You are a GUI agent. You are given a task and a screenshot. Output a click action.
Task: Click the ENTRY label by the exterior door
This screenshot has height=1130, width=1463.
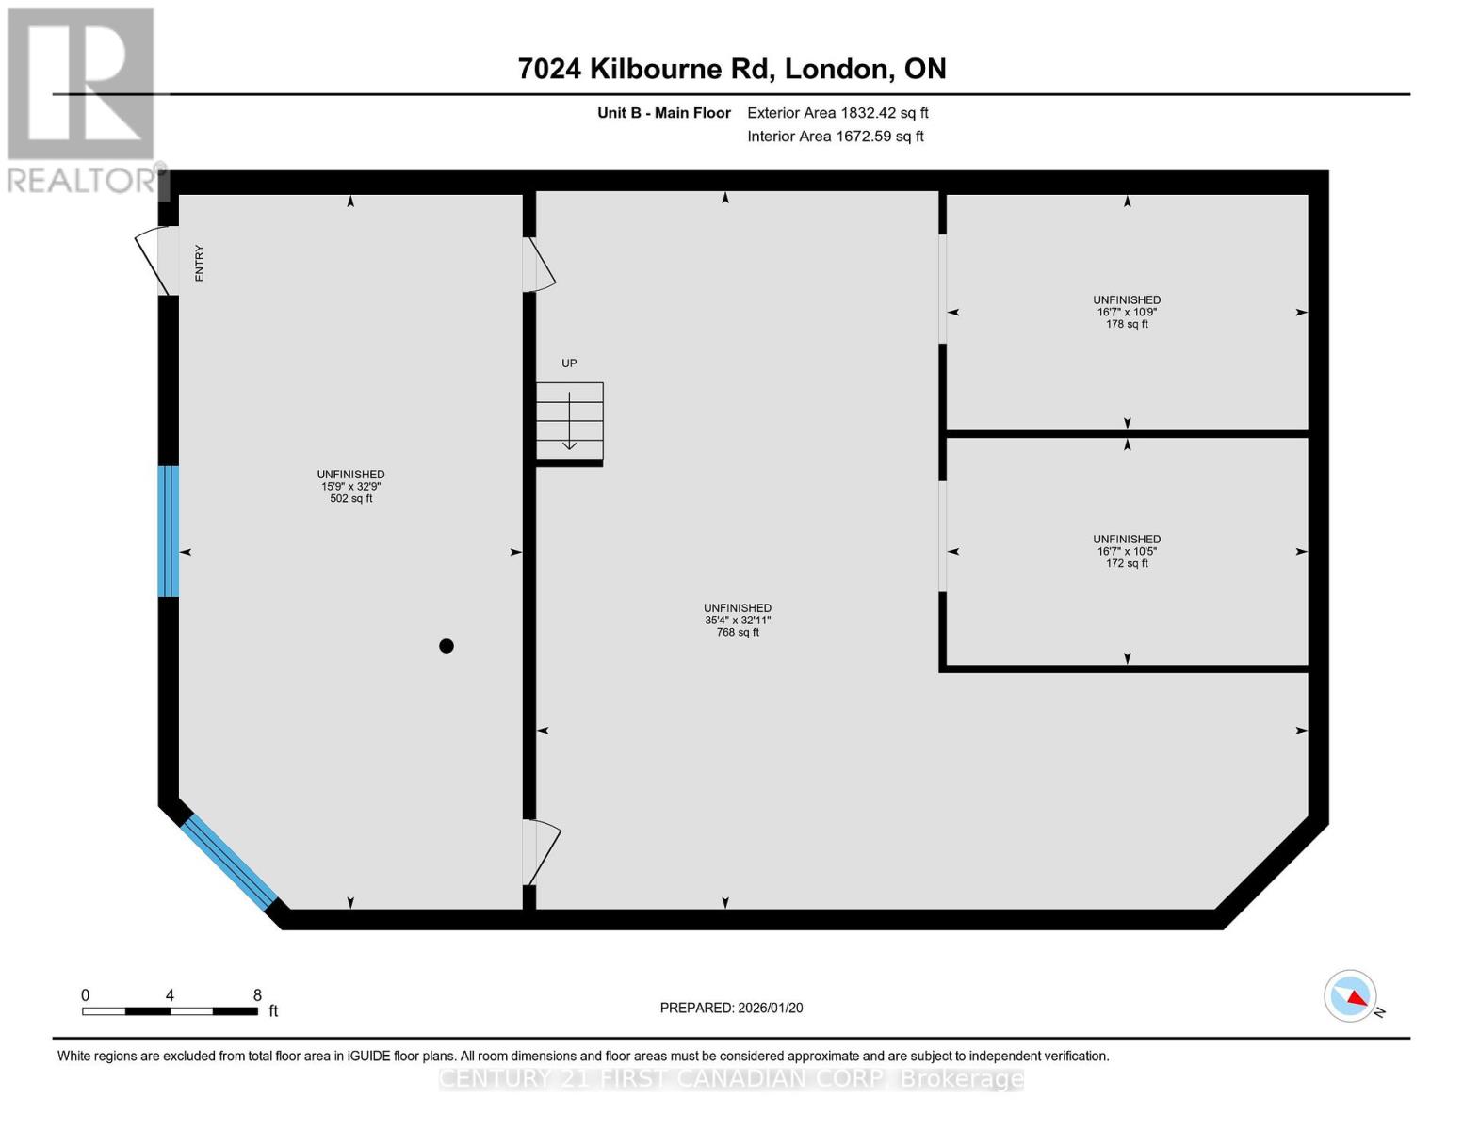click(200, 263)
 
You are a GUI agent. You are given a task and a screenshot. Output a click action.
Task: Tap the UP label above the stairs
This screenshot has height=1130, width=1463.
click(569, 363)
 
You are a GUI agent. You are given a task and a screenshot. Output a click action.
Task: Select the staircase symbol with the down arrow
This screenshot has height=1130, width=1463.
click(570, 421)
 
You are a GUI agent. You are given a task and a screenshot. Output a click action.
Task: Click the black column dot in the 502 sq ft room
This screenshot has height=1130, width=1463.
click(447, 646)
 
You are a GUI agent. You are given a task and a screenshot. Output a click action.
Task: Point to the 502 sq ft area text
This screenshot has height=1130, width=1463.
click(350, 499)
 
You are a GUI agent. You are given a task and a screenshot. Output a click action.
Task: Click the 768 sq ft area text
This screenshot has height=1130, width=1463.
click(737, 633)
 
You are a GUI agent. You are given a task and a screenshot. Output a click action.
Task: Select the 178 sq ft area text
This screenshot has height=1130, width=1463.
click(1127, 324)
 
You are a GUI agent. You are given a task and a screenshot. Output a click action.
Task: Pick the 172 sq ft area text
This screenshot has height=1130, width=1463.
click(1127, 564)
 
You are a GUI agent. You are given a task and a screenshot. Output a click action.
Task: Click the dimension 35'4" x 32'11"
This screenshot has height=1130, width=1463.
click(737, 621)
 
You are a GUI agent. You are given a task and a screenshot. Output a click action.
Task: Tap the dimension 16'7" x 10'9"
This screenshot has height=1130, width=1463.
click(1127, 312)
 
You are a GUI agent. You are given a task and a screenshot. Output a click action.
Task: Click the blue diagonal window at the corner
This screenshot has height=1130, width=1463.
click(229, 862)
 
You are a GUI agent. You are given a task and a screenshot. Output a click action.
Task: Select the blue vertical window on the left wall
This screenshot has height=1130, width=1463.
click(168, 531)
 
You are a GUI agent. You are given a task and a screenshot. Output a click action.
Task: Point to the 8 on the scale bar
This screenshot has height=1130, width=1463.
click(257, 995)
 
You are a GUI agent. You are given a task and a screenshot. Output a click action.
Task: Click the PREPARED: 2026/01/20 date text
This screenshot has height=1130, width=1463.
click(731, 1009)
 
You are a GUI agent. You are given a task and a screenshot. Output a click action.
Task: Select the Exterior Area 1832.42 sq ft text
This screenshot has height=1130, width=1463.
click(837, 113)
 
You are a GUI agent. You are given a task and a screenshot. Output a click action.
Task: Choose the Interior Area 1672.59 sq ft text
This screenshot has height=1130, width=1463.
click(835, 137)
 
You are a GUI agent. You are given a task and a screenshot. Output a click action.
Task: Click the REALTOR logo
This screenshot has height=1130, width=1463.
click(81, 99)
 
